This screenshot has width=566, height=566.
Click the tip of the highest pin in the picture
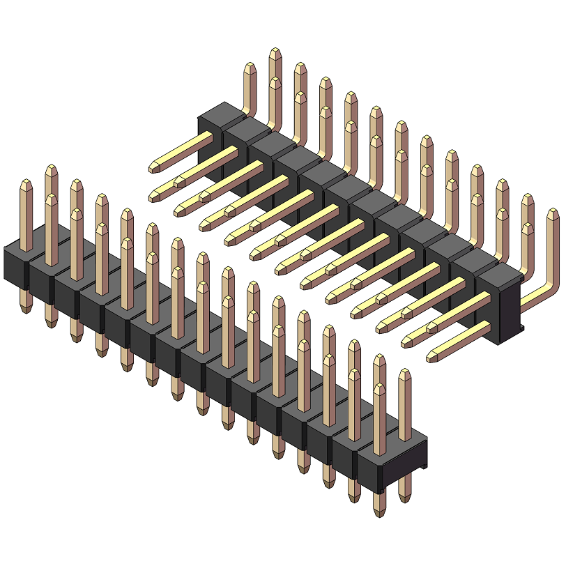tap(275, 50)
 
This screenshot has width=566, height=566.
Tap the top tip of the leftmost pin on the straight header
tap(26, 182)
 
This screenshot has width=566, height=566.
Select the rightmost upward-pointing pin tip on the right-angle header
tap(553, 211)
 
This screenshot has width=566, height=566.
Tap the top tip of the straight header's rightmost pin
tap(405, 372)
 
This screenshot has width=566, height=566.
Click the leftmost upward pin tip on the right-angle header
tap(250, 66)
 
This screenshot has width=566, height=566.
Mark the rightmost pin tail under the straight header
tap(405, 496)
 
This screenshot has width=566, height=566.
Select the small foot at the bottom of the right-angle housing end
tap(519, 328)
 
